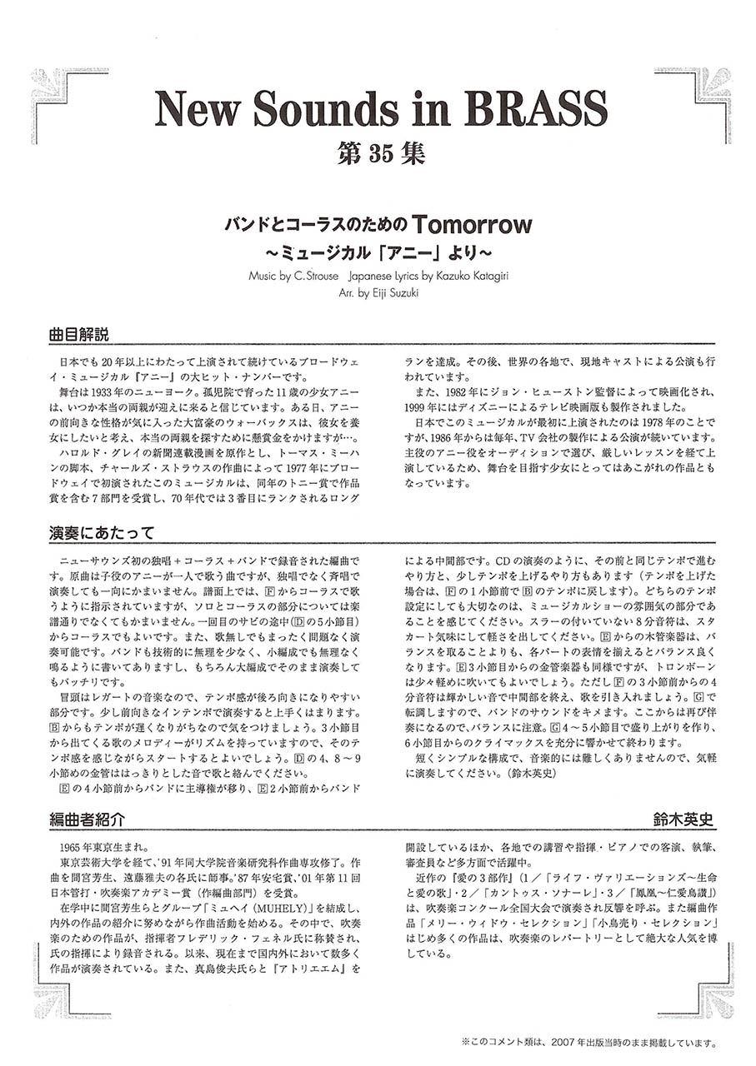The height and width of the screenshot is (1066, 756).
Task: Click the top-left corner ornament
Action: [x=59, y=92]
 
